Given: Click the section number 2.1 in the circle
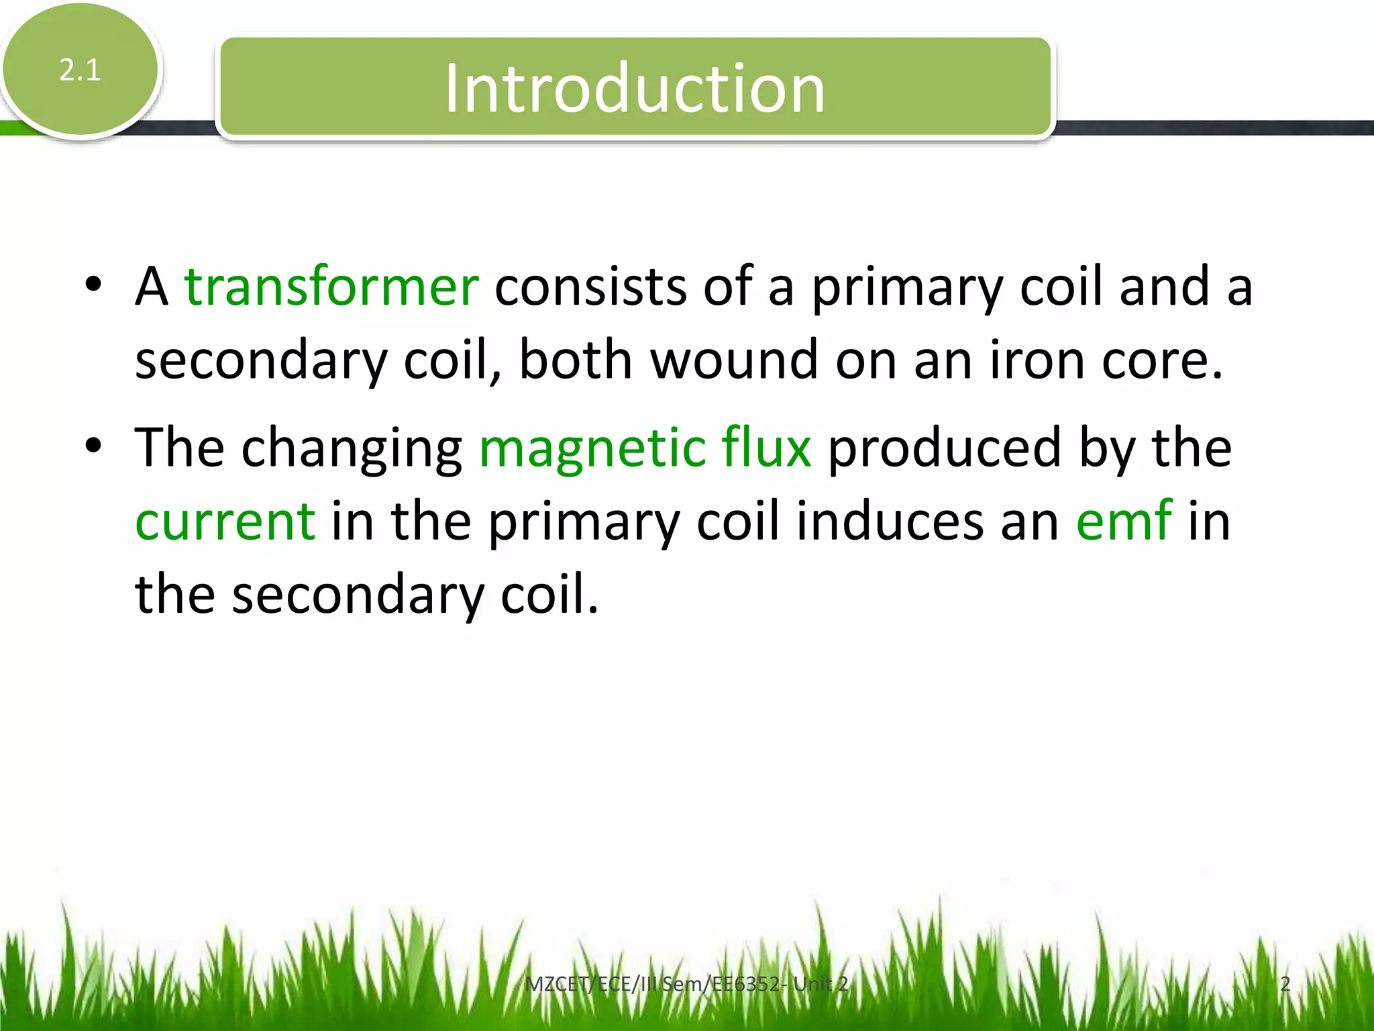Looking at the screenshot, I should coord(80,70).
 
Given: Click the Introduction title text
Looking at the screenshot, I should coord(634,89).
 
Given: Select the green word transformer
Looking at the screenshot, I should coord(331,287).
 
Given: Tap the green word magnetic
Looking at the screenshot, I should coord(592,448).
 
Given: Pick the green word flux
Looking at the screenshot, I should coord(766,447).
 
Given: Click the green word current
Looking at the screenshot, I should coord(225,522).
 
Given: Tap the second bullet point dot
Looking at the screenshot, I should coord(93,446).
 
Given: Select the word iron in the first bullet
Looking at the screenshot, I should coord(1037,360).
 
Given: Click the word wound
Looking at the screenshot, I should coord(734,360).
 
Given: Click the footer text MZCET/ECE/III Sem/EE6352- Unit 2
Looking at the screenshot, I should coord(686,984).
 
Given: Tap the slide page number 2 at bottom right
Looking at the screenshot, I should coord(1285,984).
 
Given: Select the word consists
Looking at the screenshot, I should coord(590,287).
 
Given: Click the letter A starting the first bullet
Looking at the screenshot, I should coord(152,287).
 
